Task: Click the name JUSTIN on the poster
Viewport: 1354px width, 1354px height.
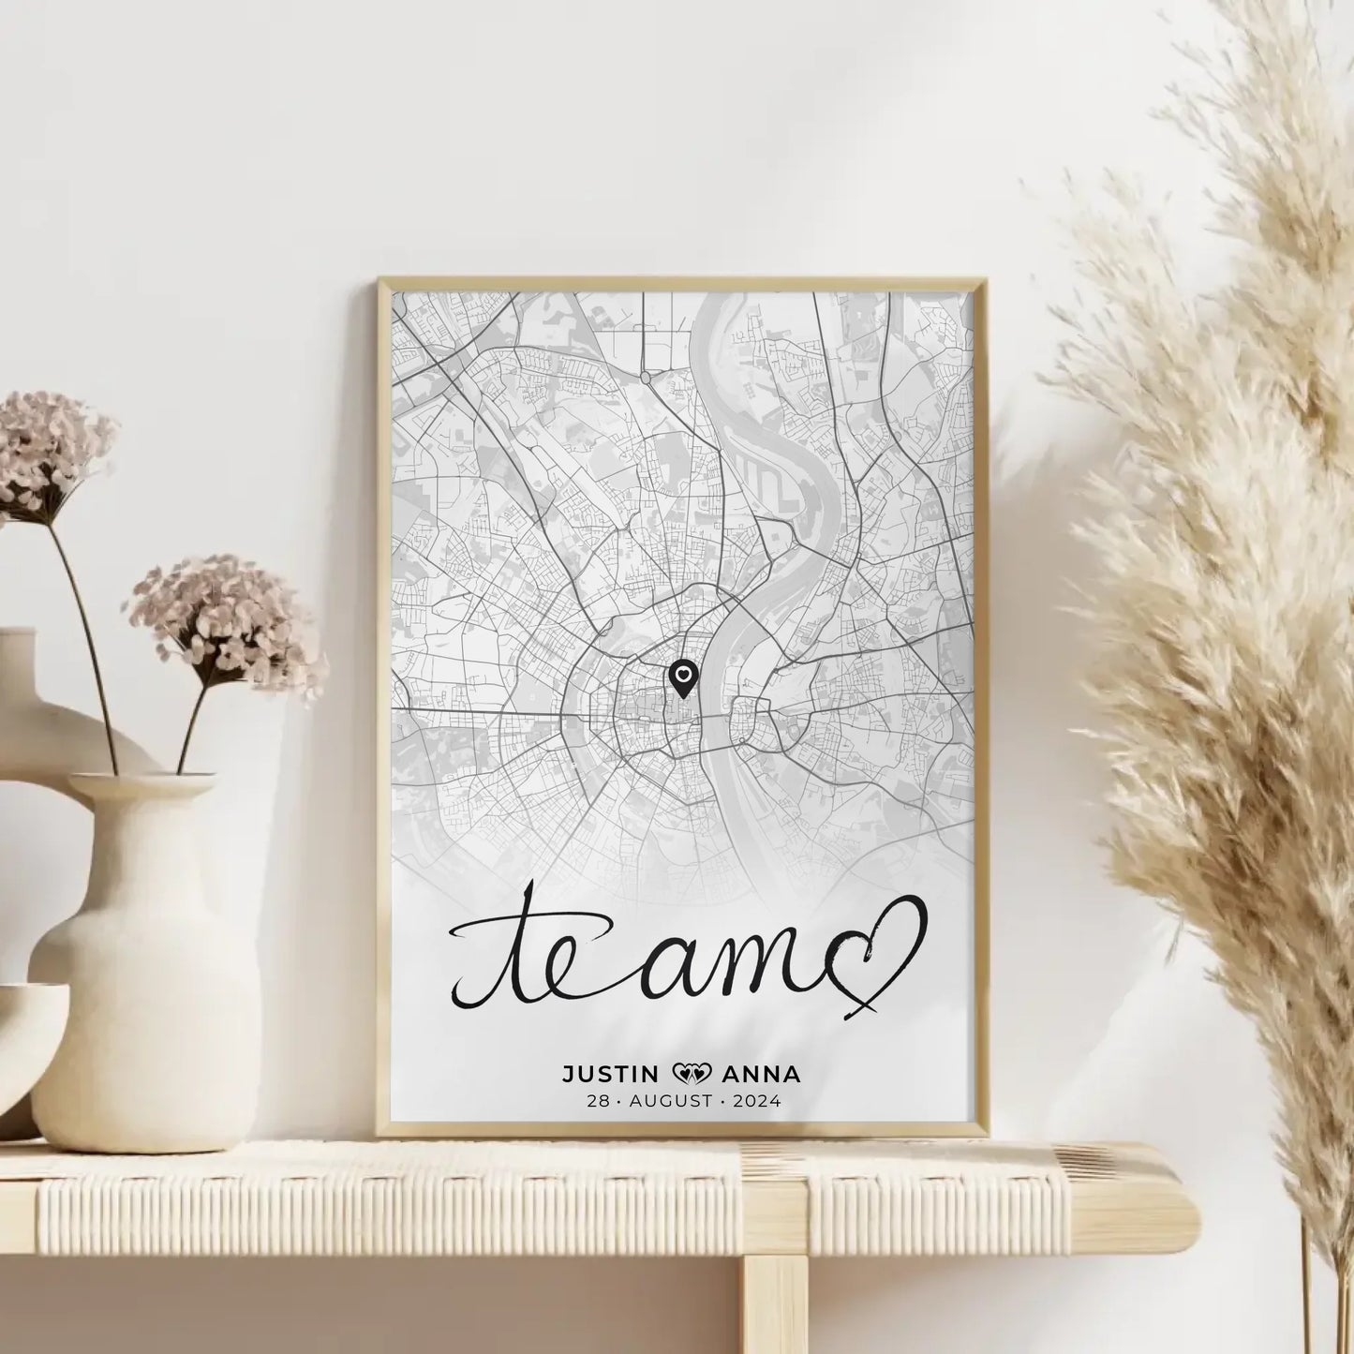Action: click(609, 1074)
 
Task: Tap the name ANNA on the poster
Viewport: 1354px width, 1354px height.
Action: click(764, 1074)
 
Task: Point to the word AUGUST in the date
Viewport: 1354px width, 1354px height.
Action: click(670, 1102)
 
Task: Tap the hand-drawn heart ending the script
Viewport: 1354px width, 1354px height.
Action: click(879, 950)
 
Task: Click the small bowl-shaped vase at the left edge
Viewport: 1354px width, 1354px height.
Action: click(23, 1049)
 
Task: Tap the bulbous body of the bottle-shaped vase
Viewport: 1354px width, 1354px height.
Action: click(145, 1012)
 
